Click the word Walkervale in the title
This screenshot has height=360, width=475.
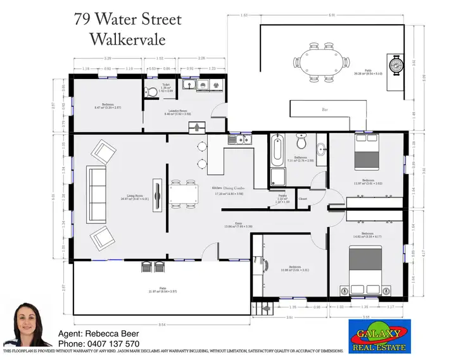(127, 39)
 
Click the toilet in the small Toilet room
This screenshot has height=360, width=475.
(151, 92)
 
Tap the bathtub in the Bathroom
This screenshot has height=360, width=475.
(277, 149)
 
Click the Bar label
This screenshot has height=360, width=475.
(325, 110)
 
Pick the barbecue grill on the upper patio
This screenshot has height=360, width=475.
(396, 63)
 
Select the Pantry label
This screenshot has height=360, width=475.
(282, 196)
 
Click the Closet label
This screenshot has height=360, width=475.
(303, 199)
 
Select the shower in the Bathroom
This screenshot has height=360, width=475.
(277, 177)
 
